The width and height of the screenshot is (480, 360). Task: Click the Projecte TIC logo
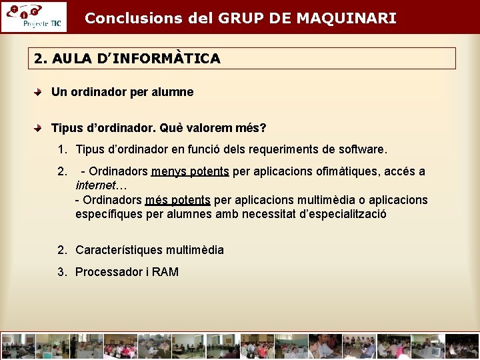point(33,17)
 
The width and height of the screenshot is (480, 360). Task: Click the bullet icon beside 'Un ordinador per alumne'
point(41,93)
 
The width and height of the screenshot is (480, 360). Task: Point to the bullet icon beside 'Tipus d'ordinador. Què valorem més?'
point(41,127)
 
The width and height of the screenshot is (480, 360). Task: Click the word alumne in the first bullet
point(172,92)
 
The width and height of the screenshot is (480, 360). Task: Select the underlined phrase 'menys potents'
point(190,171)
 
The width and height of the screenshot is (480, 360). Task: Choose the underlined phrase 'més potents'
point(177,200)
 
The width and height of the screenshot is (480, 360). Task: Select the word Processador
point(107,271)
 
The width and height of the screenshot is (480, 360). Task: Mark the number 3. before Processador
point(62,271)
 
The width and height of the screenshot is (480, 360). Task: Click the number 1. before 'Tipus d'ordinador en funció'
point(62,150)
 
